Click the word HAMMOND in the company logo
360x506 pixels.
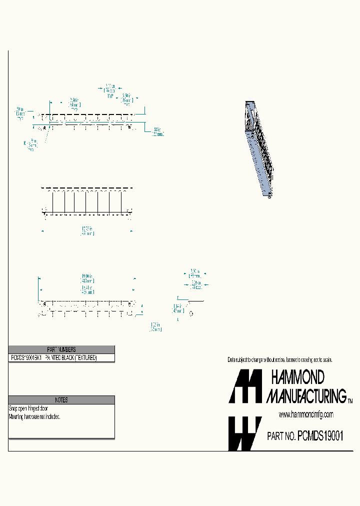(297, 377)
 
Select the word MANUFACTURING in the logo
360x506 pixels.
(306, 396)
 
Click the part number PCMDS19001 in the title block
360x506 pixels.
(320, 436)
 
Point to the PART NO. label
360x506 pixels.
(281, 436)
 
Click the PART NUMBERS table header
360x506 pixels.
(61, 349)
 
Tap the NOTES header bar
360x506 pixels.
(61, 400)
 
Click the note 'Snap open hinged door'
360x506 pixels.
(28, 408)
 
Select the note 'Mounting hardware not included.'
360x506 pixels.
(35, 416)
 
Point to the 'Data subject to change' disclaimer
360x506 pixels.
(279, 360)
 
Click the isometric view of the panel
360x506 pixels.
(259, 149)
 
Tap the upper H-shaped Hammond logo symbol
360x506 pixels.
(245, 386)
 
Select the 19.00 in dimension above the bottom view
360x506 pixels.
(87, 278)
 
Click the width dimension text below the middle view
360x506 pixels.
(87, 231)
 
